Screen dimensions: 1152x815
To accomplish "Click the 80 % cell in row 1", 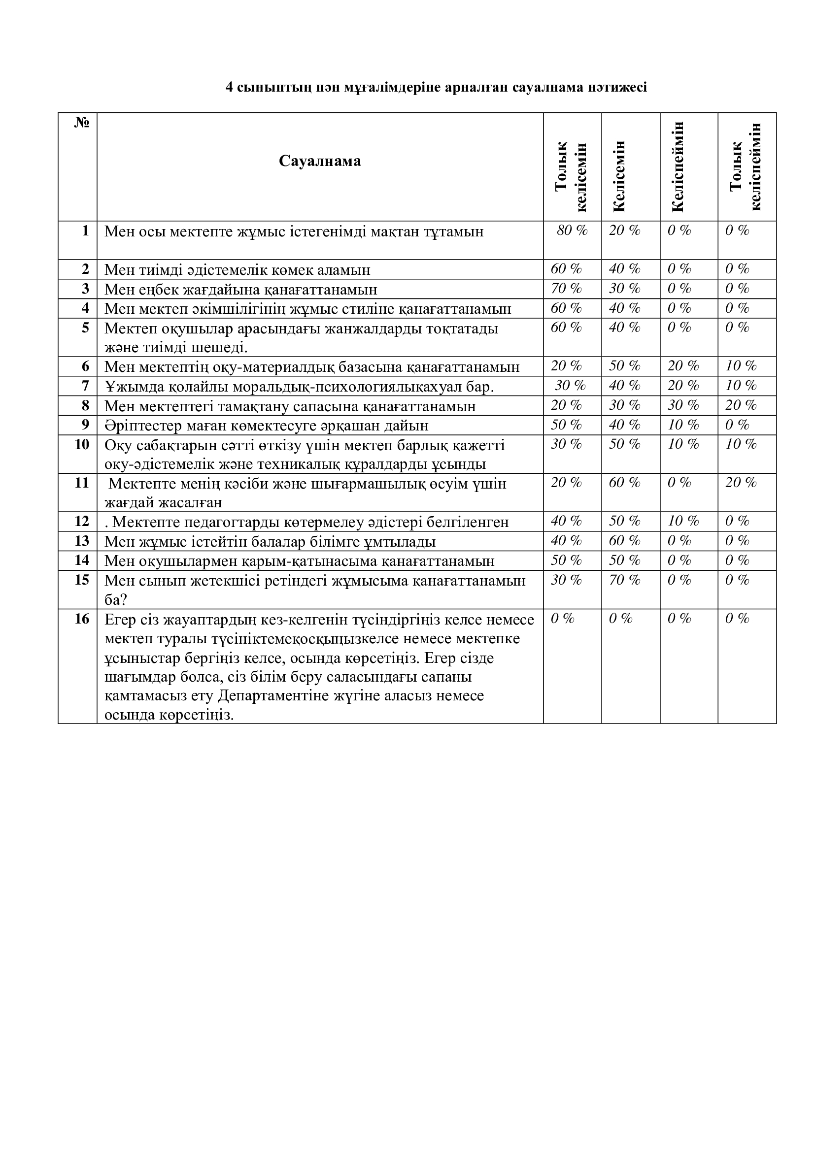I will (x=572, y=231).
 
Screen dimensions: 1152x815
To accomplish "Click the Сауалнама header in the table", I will (x=320, y=161).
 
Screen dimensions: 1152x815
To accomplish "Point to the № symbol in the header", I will (x=82, y=123).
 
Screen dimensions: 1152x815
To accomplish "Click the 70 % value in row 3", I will (x=566, y=289).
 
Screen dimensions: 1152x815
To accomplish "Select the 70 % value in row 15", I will (x=625, y=581).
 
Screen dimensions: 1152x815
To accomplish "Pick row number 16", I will (x=82, y=619).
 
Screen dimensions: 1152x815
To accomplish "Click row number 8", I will (x=85, y=405).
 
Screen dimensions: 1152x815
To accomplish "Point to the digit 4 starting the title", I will (x=229, y=88).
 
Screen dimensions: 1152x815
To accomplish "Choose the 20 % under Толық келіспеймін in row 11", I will (x=741, y=483).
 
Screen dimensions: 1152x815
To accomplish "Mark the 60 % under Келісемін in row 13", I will (x=625, y=541).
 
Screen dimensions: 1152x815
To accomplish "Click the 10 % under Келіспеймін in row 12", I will (x=683, y=521).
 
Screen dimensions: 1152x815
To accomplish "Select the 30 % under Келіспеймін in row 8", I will (x=683, y=405).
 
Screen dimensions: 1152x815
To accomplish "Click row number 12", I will (x=82, y=521).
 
